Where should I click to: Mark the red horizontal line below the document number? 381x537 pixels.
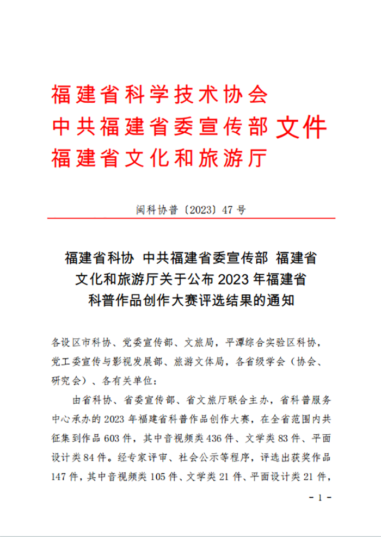click(190, 219)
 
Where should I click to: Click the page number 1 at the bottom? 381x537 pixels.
click(320, 497)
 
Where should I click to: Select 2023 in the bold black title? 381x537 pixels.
click(232, 280)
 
